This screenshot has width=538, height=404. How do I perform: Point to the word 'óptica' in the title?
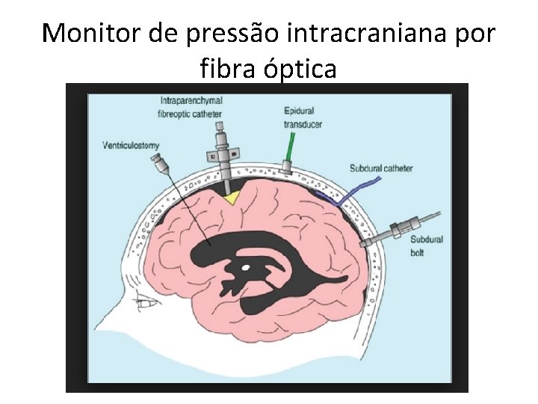(303, 70)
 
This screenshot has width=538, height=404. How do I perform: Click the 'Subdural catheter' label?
(381, 168)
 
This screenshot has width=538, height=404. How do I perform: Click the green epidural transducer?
(289, 154)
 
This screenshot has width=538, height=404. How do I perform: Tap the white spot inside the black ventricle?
(244, 267)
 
